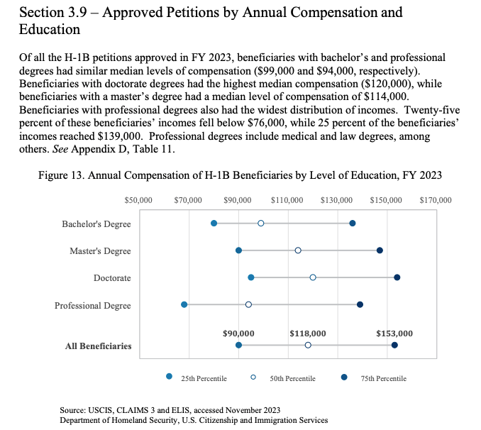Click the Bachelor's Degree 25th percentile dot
point(214,223)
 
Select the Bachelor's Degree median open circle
point(261,223)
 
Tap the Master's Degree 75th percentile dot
point(380,250)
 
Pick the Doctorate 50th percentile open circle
point(313,277)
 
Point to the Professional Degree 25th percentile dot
point(184,304)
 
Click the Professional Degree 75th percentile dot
point(360,304)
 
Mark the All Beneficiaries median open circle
point(308,345)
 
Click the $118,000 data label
point(308,333)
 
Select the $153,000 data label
point(394,333)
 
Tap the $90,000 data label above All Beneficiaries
point(238,333)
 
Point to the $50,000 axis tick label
point(138,200)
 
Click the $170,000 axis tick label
point(436,200)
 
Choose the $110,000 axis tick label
point(287,200)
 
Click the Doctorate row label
point(112,277)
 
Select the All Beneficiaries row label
point(98,346)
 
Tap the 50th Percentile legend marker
point(253,377)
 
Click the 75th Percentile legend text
point(383,378)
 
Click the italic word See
point(60,149)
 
